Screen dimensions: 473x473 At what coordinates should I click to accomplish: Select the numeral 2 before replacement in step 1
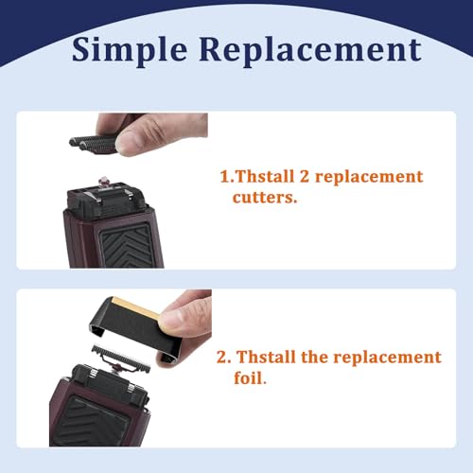pyautogui.click(x=300, y=177)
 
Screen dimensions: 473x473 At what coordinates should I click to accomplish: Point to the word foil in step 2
pyautogui.click(x=253, y=377)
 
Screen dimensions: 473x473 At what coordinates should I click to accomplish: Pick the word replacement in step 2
pyautogui.click(x=392, y=357)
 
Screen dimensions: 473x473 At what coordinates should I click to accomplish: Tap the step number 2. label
pyautogui.click(x=224, y=358)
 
